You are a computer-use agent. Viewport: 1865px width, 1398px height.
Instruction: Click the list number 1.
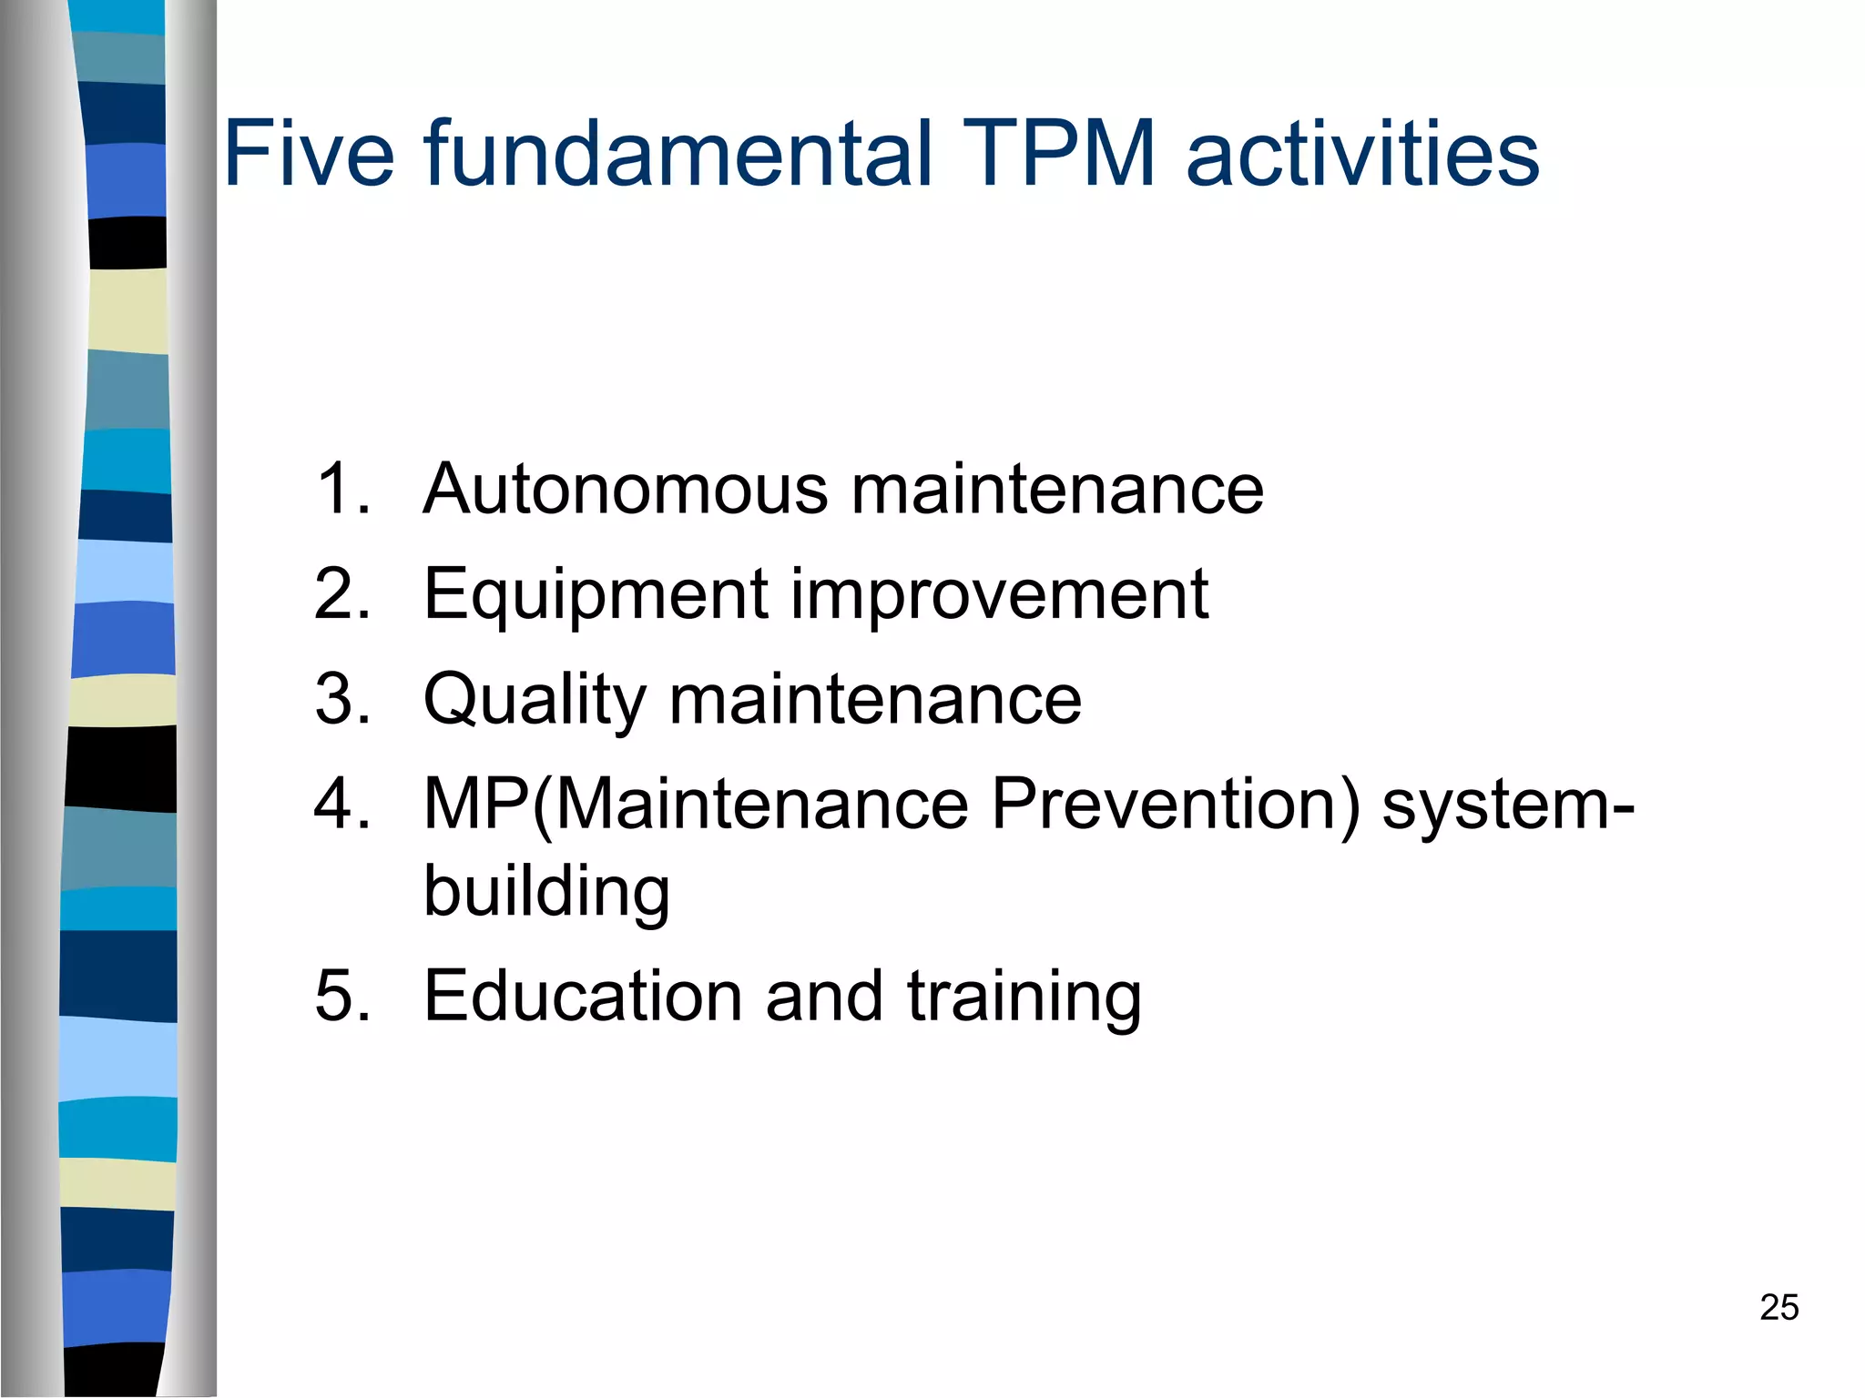(x=341, y=489)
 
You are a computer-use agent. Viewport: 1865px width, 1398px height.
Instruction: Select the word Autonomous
(x=626, y=489)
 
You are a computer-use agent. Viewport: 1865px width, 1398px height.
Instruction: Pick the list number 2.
(x=341, y=594)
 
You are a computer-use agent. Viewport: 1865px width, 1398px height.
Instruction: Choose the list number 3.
(x=341, y=699)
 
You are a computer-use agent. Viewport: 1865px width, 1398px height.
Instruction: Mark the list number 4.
(x=341, y=805)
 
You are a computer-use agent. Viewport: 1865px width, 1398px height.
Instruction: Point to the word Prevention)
(x=1176, y=805)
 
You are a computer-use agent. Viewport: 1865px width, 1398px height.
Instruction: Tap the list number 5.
(x=341, y=996)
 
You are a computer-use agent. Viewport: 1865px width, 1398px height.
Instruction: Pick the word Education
(x=584, y=996)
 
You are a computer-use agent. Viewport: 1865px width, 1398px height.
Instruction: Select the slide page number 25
(x=1778, y=1307)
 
